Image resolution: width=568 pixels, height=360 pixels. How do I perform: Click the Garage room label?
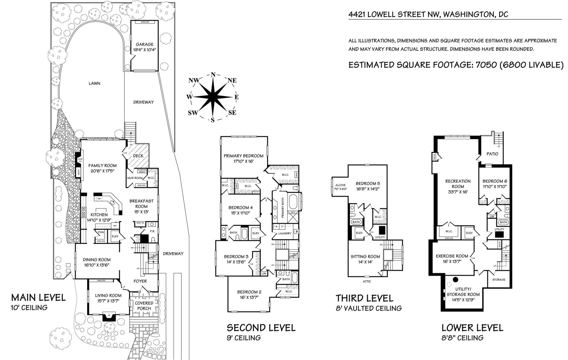pyautogui.click(x=144, y=44)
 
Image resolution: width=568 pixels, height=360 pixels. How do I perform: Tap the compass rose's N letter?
pyautogui.click(x=213, y=75)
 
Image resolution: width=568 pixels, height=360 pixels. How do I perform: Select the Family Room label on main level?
pyautogui.click(x=102, y=165)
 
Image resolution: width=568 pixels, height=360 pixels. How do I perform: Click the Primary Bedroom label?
pyautogui.click(x=244, y=156)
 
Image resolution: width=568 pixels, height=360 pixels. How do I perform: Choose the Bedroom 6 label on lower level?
pyautogui.click(x=494, y=181)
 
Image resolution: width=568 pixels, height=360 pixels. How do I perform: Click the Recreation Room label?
pyautogui.click(x=458, y=184)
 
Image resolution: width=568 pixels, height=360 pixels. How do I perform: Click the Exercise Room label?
pyautogui.click(x=452, y=256)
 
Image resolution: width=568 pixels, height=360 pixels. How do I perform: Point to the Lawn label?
pyautogui.click(x=94, y=84)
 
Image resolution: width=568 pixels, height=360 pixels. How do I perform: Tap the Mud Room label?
pyautogui.click(x=135, y=178)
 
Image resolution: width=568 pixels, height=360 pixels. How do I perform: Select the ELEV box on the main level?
pyautogui.click(x=115, y=236)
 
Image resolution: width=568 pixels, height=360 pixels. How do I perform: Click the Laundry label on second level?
pyautogui.click(x=285, y=233)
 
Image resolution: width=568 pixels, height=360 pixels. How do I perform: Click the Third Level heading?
pyautogui.click(x=364, y=298)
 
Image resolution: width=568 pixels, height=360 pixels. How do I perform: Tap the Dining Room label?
pyautogui.click(x=97, y=260)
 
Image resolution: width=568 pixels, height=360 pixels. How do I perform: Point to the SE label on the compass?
pyautogui.click(x=232, y=113)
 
